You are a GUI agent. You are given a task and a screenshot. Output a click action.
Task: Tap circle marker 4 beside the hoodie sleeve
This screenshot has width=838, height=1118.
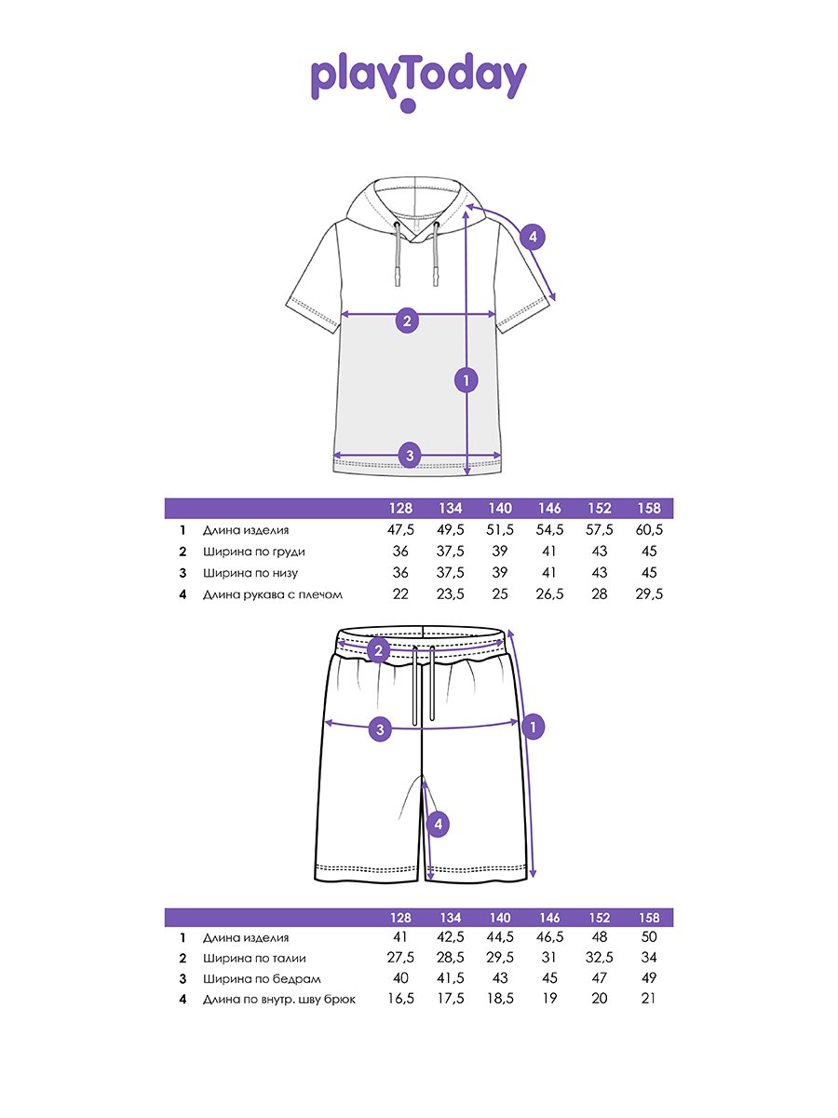[x=533, y=238]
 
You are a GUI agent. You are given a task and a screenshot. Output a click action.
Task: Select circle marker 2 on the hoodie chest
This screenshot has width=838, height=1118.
[x=407, y=321]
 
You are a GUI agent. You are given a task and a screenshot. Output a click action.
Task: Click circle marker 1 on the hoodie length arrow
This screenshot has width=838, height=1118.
[x=466, y=380]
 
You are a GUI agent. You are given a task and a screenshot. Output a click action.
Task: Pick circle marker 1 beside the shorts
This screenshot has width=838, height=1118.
[x=532, y=726]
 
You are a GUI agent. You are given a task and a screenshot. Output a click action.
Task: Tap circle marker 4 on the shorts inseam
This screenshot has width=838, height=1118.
[x=438, y=824]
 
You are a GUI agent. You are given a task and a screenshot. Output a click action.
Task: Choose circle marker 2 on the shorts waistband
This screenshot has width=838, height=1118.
[x=378, y=650]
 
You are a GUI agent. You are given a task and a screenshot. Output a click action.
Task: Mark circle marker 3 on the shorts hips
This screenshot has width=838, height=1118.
[x=378, y=728]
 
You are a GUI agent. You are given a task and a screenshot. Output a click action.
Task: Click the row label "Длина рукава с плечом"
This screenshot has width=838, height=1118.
[x=273, y=594]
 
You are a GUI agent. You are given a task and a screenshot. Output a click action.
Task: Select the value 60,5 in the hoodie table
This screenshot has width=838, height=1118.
[x=649, y=529]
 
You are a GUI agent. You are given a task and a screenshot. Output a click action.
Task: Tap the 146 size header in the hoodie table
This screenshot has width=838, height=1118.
[x=549, y=509]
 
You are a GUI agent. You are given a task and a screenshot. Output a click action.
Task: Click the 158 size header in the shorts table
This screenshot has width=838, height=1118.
[x=649, y=918]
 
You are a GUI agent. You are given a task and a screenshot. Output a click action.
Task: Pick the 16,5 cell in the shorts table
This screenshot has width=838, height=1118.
[x=400, y=999]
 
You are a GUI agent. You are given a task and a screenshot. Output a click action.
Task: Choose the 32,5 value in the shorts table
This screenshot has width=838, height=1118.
[x=600, y=958]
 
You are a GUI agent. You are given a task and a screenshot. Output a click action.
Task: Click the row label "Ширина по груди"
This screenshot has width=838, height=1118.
[x=253, y=552]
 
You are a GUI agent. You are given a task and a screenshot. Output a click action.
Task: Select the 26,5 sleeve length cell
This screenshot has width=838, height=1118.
[x=549, y=594]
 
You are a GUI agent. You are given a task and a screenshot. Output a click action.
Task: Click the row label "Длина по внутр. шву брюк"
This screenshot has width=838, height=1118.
[x=279, y=999]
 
